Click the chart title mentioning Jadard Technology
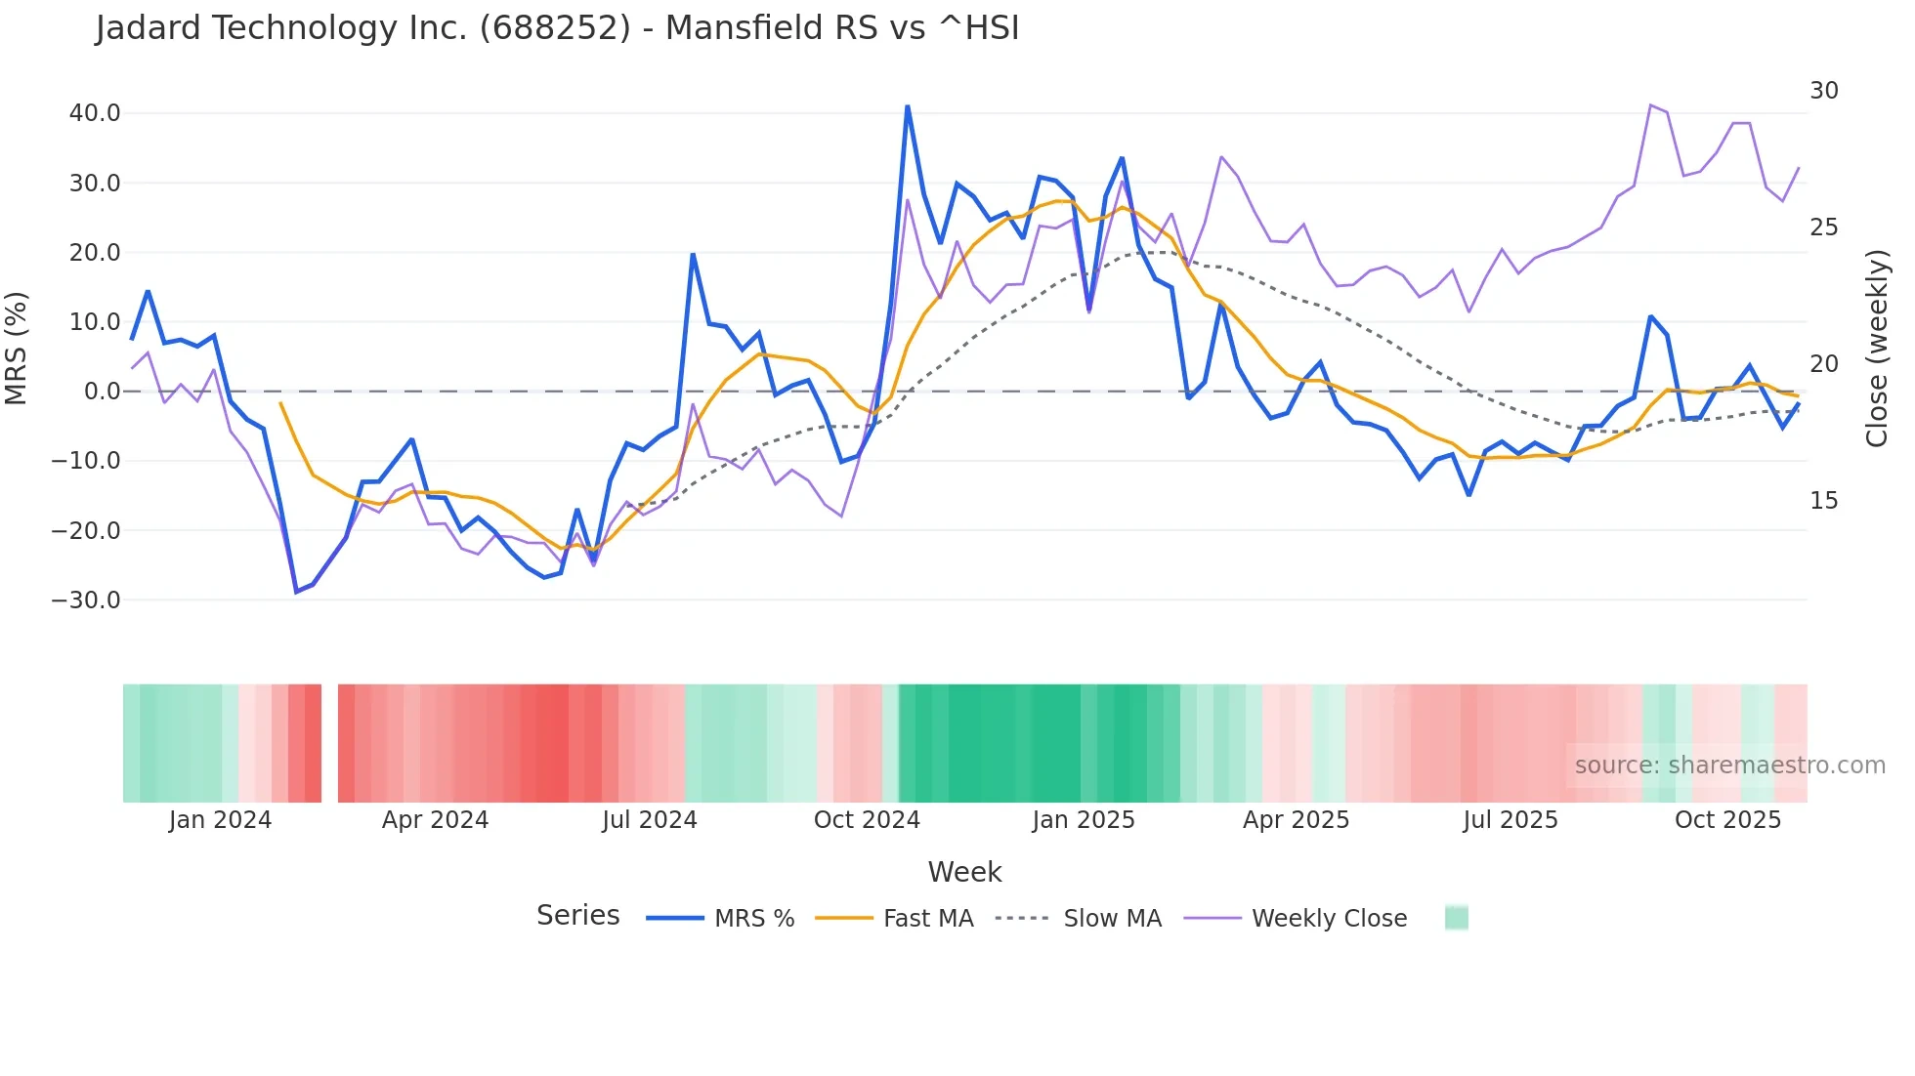click(557, 28)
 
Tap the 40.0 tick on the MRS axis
click(95, 113)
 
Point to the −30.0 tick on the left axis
click(86, 600)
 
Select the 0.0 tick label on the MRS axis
click(102, 392)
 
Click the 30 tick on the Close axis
click(1823, 91)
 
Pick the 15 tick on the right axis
click(1823, 501)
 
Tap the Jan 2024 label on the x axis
click(220, 820)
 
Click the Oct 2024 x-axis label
click(867, 820)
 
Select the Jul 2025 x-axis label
click(1510, 820)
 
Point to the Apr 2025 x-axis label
click(1296, 820)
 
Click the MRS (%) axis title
click(17, 349)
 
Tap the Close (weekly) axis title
click(1876, 349)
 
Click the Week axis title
click(964, 872)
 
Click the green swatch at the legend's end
click(1456, 918)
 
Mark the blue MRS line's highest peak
click(908, 106)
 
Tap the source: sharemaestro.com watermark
click(1729, 766)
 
